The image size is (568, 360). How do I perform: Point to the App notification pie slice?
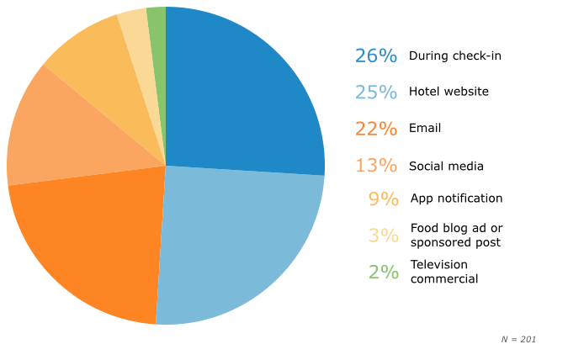[x=93, y=59]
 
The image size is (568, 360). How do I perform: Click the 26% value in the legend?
[x=375, y=56]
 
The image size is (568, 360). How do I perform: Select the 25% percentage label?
[x=375, y=92]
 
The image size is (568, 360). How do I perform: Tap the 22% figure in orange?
[x=375, y=129]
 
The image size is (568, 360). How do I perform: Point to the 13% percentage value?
[x=375, y=166]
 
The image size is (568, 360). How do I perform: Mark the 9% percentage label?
[x=383, y=199]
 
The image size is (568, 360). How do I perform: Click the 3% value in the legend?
[x=383, y=236]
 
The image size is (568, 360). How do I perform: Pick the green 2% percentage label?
[x=383, y=273]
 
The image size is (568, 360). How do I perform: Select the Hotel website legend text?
[x=449, y=92]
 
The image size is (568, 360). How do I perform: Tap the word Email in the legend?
[x=425, y=129]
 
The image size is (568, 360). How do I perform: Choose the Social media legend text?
[x=446, y=167]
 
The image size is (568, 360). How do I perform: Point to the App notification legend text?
[x=456, y=199]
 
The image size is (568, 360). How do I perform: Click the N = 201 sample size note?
[x=518, y=340]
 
